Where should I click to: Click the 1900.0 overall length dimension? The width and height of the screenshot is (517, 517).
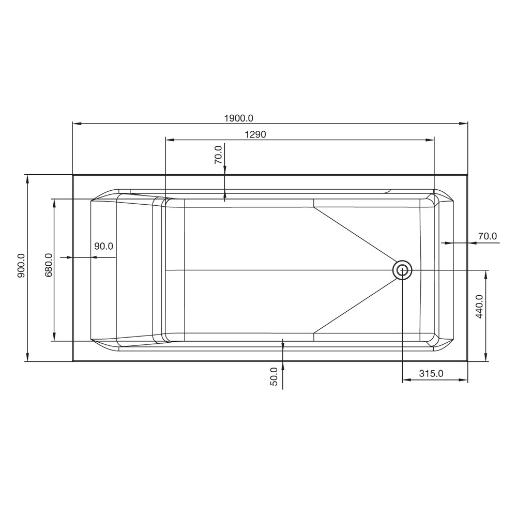pos(239,118)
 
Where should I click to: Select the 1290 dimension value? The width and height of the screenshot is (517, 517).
pos(255,134)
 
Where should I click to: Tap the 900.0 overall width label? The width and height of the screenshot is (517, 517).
pos(21,265)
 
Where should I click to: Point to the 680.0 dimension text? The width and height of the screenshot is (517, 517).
pos(49,265)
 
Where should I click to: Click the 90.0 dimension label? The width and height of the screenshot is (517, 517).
pos(103,246)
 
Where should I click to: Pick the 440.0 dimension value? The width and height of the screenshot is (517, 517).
pos(479,306)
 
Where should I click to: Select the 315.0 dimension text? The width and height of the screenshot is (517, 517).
pos(431,374)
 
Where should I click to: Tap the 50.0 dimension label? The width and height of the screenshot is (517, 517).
pos(274,376)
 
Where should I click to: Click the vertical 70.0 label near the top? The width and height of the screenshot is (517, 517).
pos(218,155)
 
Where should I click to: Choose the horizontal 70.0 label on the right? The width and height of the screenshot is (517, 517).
pos(488,236)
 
